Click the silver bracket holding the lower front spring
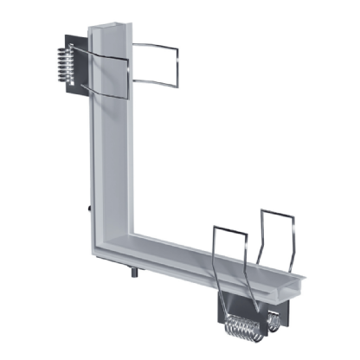[227, 303]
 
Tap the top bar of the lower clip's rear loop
[279, 210]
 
